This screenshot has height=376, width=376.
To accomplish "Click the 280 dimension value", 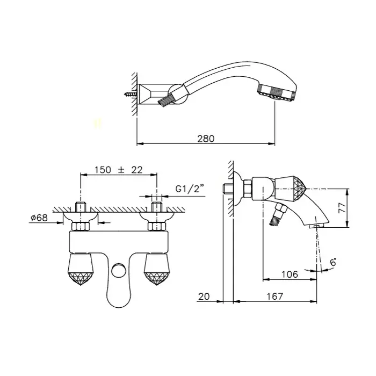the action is pos(206,139).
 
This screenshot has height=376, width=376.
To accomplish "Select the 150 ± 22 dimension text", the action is pos(119,170).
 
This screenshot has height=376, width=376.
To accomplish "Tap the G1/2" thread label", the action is pos(190,189).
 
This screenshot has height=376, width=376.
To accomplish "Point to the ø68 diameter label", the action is pos(39,218).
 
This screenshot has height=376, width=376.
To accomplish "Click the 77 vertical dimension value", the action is pos(343,208).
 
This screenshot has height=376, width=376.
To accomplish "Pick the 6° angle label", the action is pos(333,262).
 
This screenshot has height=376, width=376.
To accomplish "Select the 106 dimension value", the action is pos(290,274).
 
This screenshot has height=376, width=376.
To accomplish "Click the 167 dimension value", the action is pos(275,297).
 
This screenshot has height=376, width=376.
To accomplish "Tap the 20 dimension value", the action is pos(204,297).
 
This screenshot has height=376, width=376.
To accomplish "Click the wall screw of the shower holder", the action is pos(131,94).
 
